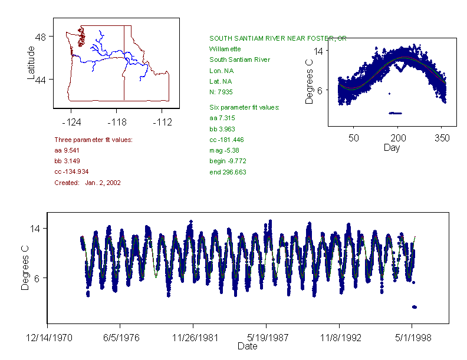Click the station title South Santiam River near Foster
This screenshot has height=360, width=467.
[277, 38]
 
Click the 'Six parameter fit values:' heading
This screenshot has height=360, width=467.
[245, 107]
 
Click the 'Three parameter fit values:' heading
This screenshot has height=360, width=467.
[93, 140]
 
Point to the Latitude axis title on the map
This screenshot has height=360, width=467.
[31, 63]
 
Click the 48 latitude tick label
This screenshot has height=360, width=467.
[42, 37]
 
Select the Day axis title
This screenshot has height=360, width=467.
[392, 148]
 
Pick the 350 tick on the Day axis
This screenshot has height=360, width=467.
[442, 138]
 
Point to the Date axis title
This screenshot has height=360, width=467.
[248, 346]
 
